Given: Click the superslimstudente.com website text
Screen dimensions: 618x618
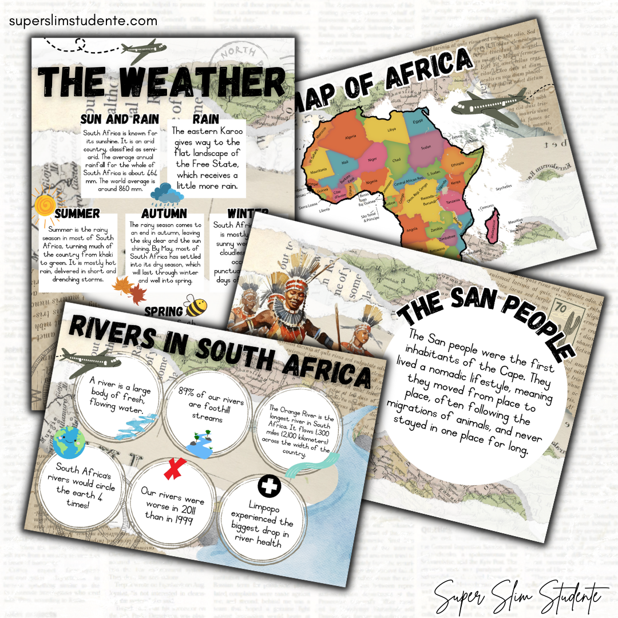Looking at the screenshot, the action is (x=82, y=21).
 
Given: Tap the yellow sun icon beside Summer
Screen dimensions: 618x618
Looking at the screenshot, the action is (x=43, y=203).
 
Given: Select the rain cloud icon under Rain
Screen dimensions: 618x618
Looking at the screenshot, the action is (x=167, y=194).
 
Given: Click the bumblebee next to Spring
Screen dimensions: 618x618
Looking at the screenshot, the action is (x=196, y=307).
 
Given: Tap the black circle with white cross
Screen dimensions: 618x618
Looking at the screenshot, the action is (x=267, y=487).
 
